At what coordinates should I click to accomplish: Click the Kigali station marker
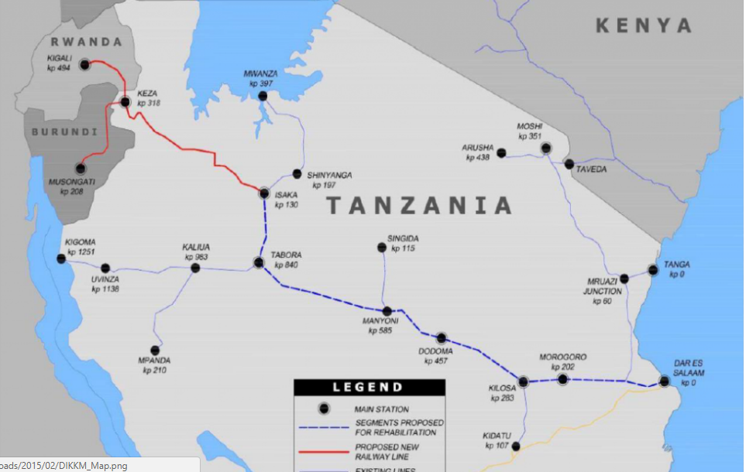[x=85, y=65]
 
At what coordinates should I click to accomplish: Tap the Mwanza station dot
[x=263, y=96]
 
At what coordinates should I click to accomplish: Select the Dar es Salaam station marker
[x=664, y=381]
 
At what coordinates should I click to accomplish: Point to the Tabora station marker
[x=259, y=263]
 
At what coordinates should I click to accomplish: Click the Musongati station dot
[x=80, y=168]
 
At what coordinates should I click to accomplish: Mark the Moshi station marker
[x=546, y=148]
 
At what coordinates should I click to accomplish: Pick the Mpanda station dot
[x=155, y=350]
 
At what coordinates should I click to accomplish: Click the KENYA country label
[x=643, y=26]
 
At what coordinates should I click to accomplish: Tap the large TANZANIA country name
[x=418, y=206]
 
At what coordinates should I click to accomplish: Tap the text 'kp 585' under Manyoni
[x=380, y=330]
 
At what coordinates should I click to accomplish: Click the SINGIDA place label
[x=404, y=238]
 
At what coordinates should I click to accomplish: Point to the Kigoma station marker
[x=62, y=259]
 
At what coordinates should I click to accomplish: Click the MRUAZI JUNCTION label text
[x=603, y=286]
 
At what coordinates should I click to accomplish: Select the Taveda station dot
[x=569, y=164]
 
